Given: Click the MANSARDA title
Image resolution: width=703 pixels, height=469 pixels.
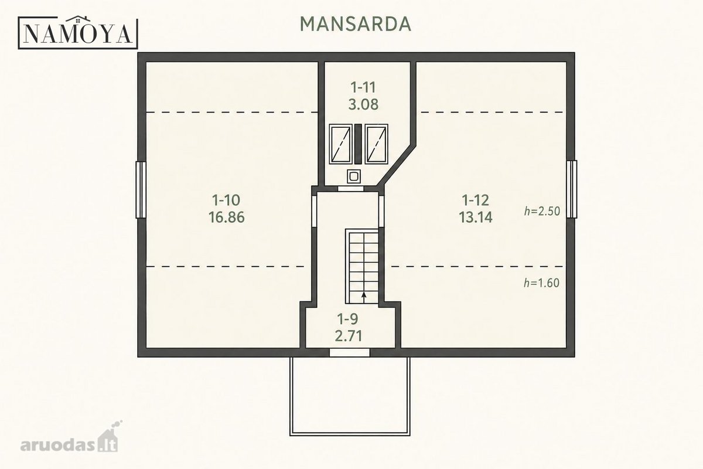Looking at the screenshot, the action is pos(355,24).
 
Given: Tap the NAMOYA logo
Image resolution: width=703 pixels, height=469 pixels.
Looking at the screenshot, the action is pos(78,32).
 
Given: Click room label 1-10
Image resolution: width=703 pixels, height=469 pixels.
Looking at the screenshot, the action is pos(226,200).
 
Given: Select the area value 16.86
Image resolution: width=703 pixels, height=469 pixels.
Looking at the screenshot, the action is pos(226,217).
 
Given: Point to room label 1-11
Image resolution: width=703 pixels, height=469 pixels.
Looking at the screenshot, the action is pos(363,87).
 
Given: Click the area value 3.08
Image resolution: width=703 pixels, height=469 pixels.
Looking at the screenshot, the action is pos(363,104).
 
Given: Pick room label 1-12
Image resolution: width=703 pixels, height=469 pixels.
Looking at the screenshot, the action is pos(476,200).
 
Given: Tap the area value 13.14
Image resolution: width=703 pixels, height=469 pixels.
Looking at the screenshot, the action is pos(476,217).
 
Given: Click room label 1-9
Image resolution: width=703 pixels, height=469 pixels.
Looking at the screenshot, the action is pos(347,319).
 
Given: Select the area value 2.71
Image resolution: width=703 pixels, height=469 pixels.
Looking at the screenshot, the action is pos(349,336).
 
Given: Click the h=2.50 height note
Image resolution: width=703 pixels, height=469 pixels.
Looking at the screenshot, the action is pos(542,211).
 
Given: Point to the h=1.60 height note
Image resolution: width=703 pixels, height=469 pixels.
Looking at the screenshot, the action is pos(541,283).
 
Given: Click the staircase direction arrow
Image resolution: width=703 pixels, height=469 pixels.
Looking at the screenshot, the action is pos(364,297).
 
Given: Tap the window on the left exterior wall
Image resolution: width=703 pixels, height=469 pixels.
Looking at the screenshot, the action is pos(141,190).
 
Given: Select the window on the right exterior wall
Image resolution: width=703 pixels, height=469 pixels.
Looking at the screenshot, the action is pos(572,189).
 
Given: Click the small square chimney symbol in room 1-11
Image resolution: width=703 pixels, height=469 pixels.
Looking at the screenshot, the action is pos(353,176).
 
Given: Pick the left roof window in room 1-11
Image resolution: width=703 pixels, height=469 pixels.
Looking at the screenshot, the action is pos(340,144).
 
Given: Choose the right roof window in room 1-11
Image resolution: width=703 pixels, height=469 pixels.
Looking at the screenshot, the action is pos(376,144).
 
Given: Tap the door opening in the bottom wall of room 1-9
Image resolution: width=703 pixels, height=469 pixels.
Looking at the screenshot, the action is pos(349,352).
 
